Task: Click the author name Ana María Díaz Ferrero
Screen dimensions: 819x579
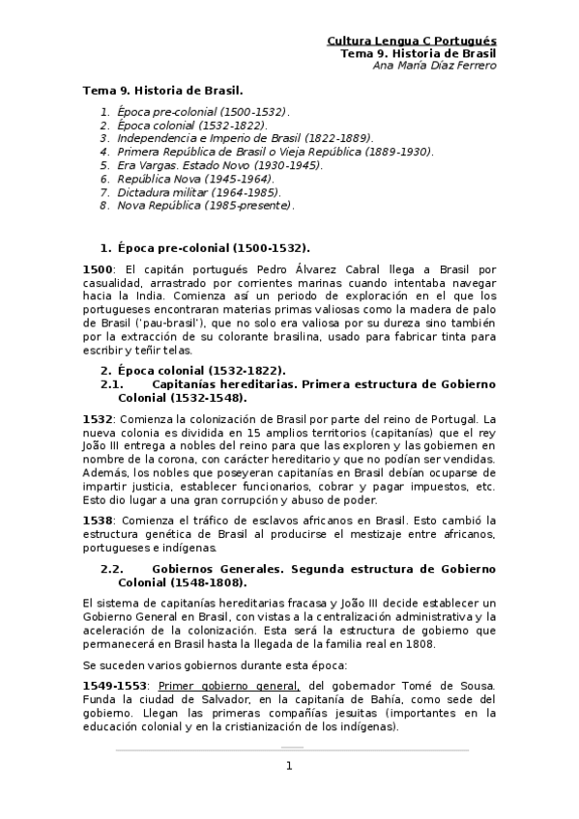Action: point(427,66)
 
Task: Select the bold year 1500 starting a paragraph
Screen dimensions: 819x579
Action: point(98,268)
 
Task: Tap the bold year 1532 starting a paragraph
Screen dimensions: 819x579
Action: point(98,419)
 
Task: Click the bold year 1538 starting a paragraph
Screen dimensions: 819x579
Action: point(98,519)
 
